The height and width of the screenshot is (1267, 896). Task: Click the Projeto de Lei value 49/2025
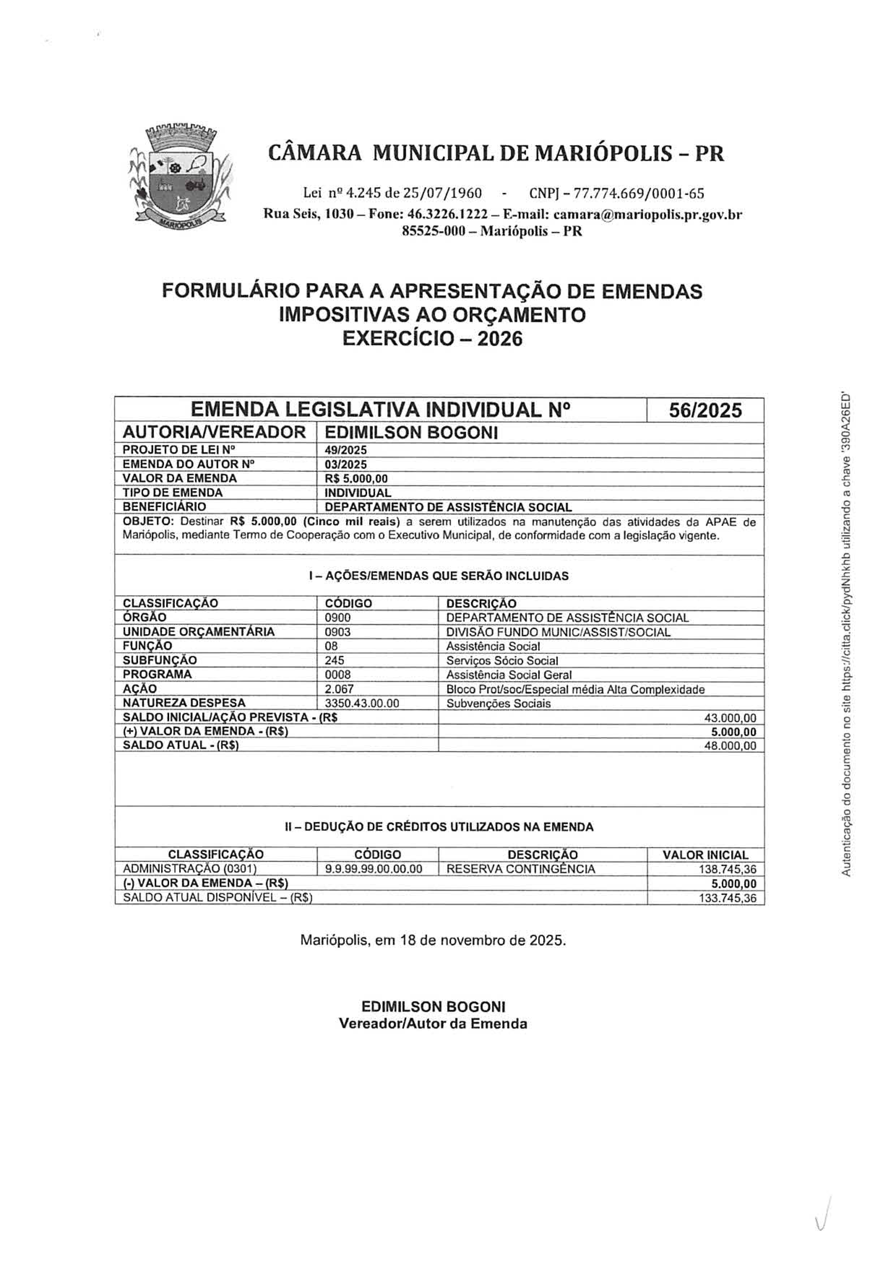pos(346,450)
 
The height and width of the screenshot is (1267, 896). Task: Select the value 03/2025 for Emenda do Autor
pos(346,464)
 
